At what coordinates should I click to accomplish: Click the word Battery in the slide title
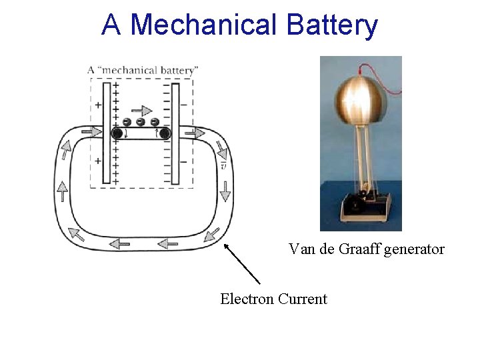coord(333,26)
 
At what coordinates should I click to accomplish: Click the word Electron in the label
coord(247,299)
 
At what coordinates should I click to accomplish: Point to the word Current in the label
coord(303,299)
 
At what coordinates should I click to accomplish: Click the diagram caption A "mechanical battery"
coord(143,69)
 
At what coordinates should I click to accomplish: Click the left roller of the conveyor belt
coord(117,133)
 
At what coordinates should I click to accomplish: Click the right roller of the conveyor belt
coord(165,133)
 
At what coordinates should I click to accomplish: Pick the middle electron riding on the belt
coord(141,122)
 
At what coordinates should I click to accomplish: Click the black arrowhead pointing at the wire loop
coord(227,247)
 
